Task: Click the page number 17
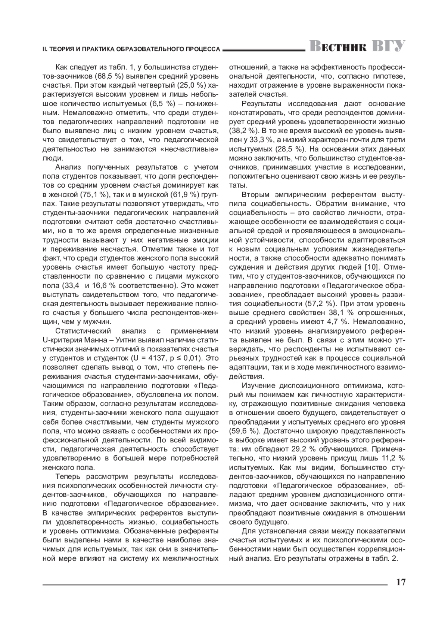pos(401,582)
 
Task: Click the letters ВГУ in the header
pos(389,47)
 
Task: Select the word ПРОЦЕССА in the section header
pos(205,49)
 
